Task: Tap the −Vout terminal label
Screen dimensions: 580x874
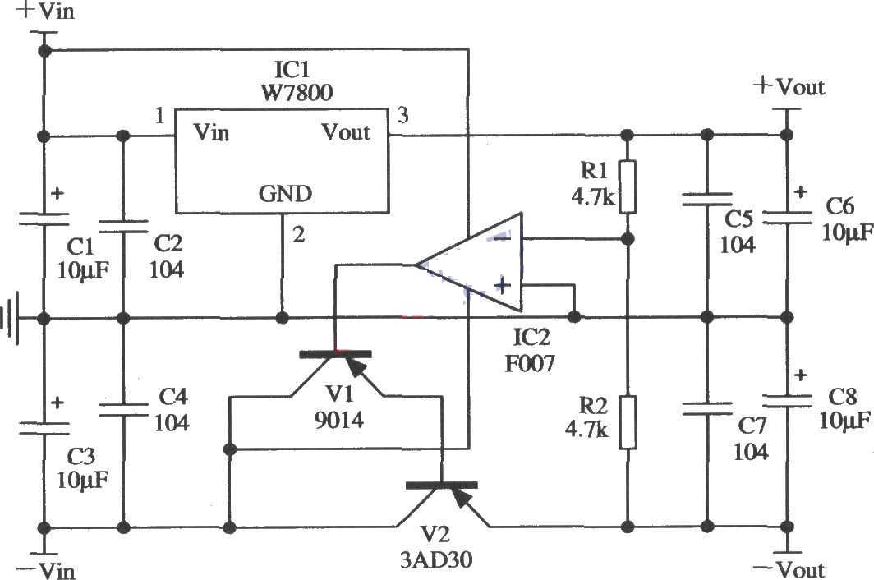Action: coord(789,569)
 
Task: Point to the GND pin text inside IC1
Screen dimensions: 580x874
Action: coord(286,194)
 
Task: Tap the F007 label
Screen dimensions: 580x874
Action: coord(531,361)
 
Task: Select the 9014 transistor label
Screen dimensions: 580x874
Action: coord(338,421)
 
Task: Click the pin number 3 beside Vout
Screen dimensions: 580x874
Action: coord(402,115)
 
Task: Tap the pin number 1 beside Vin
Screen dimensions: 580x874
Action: coord(159,116)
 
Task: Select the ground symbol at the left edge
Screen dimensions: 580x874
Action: coord(10,317)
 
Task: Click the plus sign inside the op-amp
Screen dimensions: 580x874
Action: coord(501,286)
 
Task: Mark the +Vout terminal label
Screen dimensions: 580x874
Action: coord(789,85)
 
